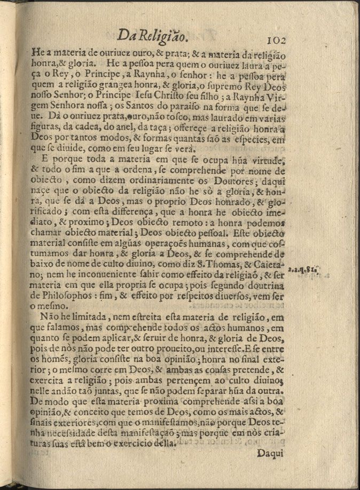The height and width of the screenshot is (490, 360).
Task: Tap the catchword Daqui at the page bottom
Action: [272, 453]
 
